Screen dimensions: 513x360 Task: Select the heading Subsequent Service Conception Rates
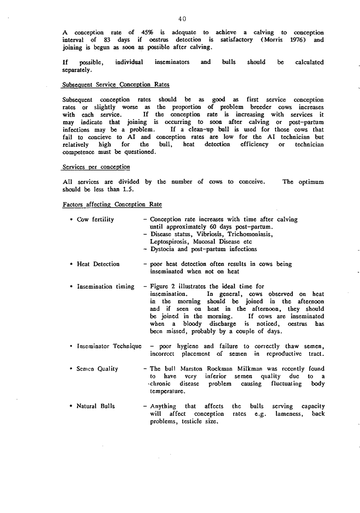[116, 85]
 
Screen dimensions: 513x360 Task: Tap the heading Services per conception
[96, 167]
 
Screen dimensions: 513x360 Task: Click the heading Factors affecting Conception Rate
[112, 205]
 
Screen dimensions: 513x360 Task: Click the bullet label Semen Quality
[97, 369]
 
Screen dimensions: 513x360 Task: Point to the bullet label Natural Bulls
[96, 406]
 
